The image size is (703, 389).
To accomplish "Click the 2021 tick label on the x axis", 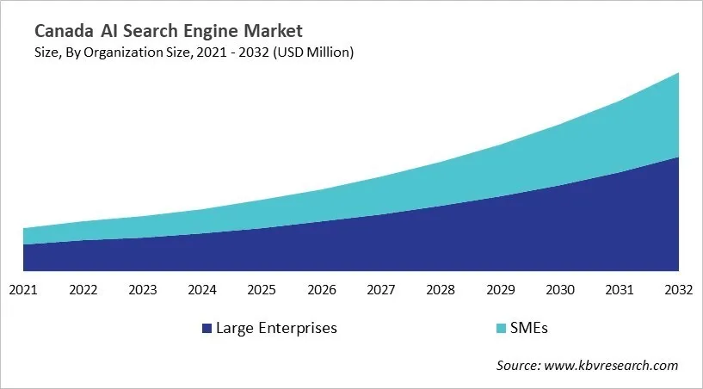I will click(23, 290).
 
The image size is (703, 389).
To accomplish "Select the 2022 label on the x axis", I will click(83, 290).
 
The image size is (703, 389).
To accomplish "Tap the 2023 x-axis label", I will click(143, 290).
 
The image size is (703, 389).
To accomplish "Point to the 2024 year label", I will click(202, 290).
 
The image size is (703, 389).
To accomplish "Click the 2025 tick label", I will click(262, 290).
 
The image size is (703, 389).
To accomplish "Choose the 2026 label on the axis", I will click(322, 290).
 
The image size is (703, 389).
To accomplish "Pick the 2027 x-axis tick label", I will click(381, 290).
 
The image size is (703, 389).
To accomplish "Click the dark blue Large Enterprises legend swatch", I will click(207, 328).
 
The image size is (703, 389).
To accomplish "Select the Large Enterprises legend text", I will click(276, 328).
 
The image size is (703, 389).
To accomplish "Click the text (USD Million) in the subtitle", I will click(314, 52).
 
